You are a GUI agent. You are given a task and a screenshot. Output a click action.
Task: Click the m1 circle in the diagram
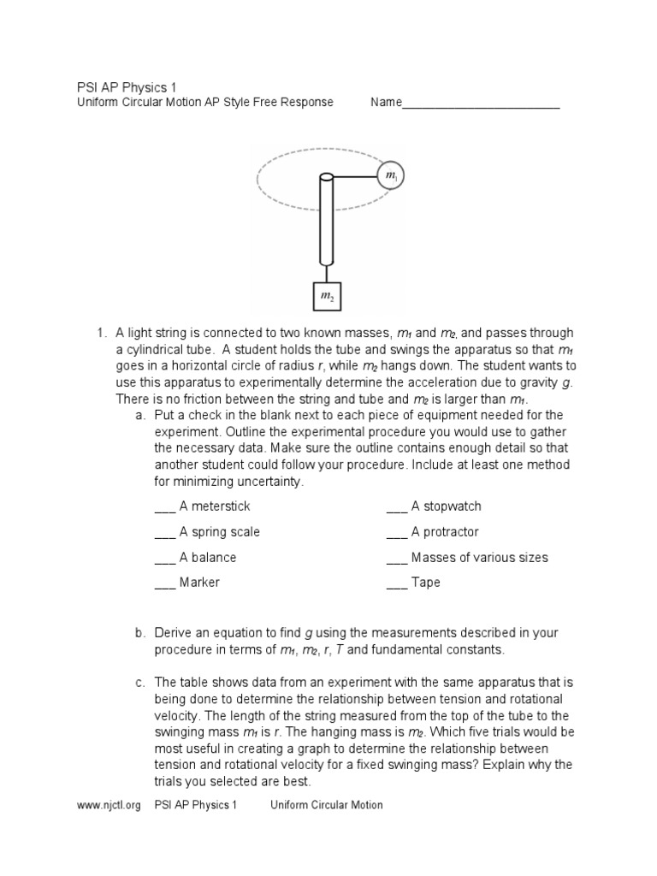(391, 176)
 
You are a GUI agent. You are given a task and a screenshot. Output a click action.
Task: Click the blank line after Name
(481, 104)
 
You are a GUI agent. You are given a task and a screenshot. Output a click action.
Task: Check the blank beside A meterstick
(164, 507)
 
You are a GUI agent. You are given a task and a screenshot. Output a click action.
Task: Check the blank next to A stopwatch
(396, 507)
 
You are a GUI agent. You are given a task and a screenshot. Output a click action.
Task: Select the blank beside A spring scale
(164, 533)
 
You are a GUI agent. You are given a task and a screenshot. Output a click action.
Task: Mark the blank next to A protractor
(396, 533)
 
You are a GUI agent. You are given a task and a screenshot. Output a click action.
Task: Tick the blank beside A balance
(164, 558)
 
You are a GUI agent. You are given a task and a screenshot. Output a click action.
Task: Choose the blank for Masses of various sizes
(396, 558)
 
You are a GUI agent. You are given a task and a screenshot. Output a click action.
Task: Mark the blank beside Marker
(164, 583)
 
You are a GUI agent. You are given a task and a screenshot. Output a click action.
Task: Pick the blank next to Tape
(396, 583)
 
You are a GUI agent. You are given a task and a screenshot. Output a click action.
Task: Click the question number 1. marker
(100, 333)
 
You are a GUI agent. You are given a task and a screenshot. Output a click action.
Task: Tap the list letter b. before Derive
(139, 633)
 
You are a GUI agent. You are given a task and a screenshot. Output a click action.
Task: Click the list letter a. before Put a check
(139, 415)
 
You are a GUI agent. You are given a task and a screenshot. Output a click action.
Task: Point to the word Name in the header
(386, 103)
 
